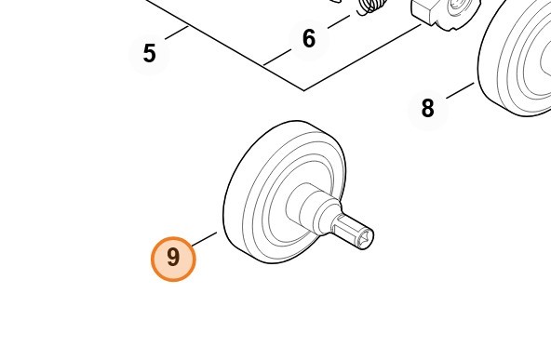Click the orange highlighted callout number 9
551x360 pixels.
173,259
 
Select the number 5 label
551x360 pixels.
149,53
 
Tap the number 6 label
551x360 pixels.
309,39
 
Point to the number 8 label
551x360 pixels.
427,108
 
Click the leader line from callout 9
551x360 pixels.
205,238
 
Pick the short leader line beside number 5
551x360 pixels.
177,33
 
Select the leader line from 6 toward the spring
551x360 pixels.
339,21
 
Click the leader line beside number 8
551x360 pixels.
460,90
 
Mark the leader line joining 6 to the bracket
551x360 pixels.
277,58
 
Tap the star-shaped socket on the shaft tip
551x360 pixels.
365,239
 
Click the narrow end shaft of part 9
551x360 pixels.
352,232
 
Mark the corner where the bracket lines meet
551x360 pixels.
304,90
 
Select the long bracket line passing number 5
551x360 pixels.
225,45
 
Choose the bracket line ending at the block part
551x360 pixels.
362,58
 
